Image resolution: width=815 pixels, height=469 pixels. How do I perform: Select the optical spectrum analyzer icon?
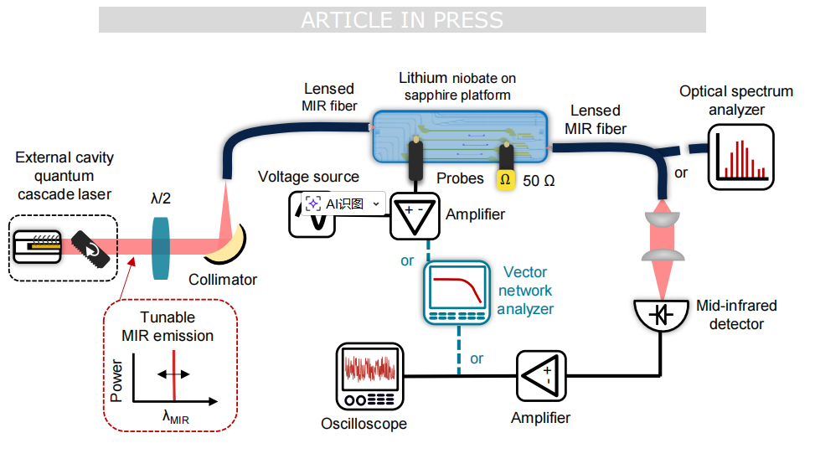739,155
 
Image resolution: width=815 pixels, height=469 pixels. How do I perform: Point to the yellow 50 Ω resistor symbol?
505,179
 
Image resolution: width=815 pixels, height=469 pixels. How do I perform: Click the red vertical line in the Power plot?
173,376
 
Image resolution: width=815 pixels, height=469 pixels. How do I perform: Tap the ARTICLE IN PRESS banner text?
402,20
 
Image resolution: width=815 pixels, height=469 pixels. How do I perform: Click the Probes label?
460,178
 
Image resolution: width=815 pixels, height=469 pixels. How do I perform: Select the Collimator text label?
223,279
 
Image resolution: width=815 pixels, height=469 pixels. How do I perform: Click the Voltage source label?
308,177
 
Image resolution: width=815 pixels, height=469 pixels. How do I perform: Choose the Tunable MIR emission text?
168,327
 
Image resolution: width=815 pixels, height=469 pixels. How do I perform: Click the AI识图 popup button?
343,204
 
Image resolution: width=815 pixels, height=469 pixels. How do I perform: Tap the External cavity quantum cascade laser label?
64,176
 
